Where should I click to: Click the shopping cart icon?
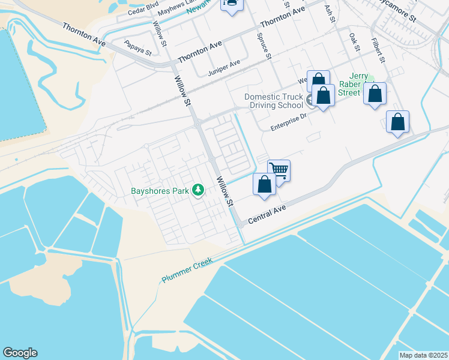click(279, 170)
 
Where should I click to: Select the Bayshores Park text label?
click(160, 191)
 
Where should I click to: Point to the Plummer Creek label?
click(187, 271)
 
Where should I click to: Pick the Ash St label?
click(330, 13)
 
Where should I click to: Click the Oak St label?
click(355, 41)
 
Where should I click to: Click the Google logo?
click(20, 353)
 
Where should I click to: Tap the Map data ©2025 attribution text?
click(424, 355)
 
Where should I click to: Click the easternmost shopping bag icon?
click(397, 122)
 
